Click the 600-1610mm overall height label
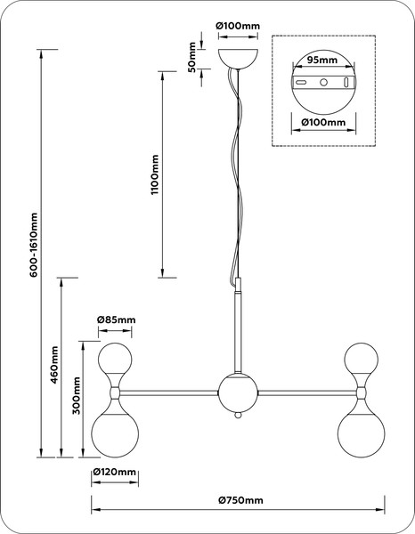tap(34, 245)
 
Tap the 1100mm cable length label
tap(155, 174)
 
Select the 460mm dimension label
tap(54, 365)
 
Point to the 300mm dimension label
tap(77, 395)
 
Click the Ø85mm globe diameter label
tap(116, 320)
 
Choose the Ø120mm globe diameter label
tap(115, 472)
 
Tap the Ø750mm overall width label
tap(240, 500)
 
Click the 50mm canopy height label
tap(192, 57)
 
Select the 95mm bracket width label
tap(322, 60)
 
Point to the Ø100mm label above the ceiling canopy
tap(238, 26)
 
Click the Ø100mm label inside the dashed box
tap(323, 122)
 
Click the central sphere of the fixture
tap(238, 393)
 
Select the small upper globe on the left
tap(115, 359)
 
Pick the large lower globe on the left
tap(115, 434)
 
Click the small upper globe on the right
tap(362, 359)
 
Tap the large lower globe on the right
tap(362, 434)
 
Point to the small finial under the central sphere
tap(238, 416)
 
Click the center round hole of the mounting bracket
tap(323, 82)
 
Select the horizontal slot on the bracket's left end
tap(301, 83)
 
